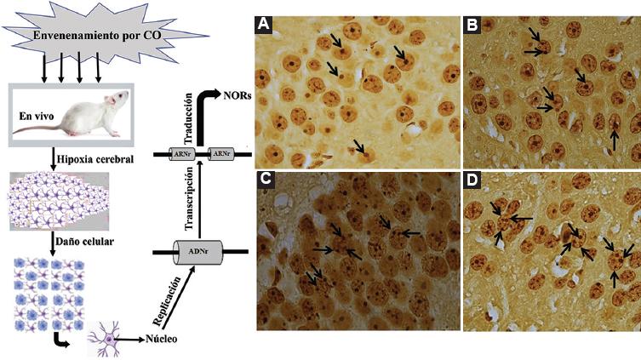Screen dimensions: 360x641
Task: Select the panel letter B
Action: (472, 26)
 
